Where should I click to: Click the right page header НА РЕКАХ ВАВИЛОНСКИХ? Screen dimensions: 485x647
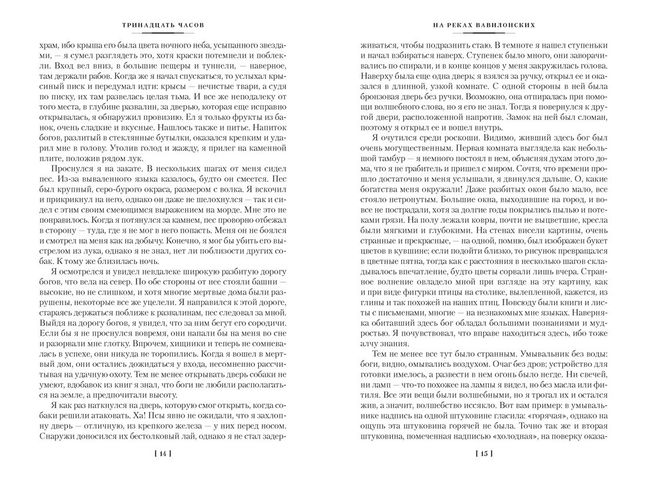(x=483, y=26)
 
